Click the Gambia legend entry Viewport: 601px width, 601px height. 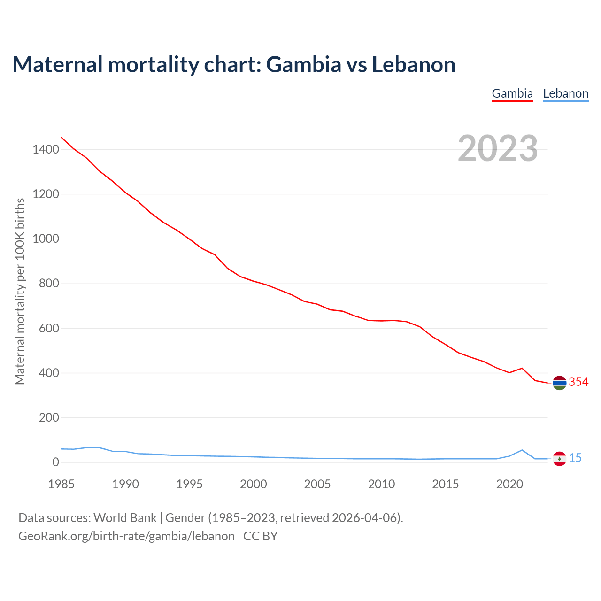pyautogui.click(x=512, y=94)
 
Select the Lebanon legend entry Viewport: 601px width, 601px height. pyautogui.click(x=565, y=94)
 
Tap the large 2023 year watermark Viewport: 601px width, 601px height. pyautogui.click(x=498, y=148)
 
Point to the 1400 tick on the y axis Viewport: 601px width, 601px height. pyautogui.click(x=46, y=150)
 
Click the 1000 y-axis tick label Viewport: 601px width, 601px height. pyautogui.click(x=46, y=239)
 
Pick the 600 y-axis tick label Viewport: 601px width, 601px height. pyautogui.click(x=49, y=328)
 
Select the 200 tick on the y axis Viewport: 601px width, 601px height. pyautogui.click(x=49, y=417)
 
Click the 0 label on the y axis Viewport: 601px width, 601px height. pyautogui.click(x=56, y=462)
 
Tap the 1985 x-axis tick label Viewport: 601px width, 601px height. pyautogui.click(x=62, y=484)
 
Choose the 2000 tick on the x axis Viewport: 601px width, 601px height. pyautogui.click(x=254, y=484)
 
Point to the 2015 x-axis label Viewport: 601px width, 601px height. pyautogui.click(x=446, y=484)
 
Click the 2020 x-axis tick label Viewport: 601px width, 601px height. pyautogui.click(x=509, y=484)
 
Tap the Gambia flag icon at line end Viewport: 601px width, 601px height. pyautogui.click(x=559, y=383)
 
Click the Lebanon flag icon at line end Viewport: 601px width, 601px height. pyautogui.click(x=559, y=459)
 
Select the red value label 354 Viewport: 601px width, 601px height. pyautogui.click(x=578, y=382)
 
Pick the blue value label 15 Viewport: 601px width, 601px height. pyautogui.click(x=575, y=458)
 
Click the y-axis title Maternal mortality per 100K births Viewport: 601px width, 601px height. pyautogui.click(x=20, y=291)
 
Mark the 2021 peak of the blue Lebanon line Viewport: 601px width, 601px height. pyautogui.click(x=522, y=450)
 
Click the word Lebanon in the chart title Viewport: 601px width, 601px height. pyautogui.click(x=414, y=64)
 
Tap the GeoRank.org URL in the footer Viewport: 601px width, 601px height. pyautogui.click(x=126, y=536)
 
